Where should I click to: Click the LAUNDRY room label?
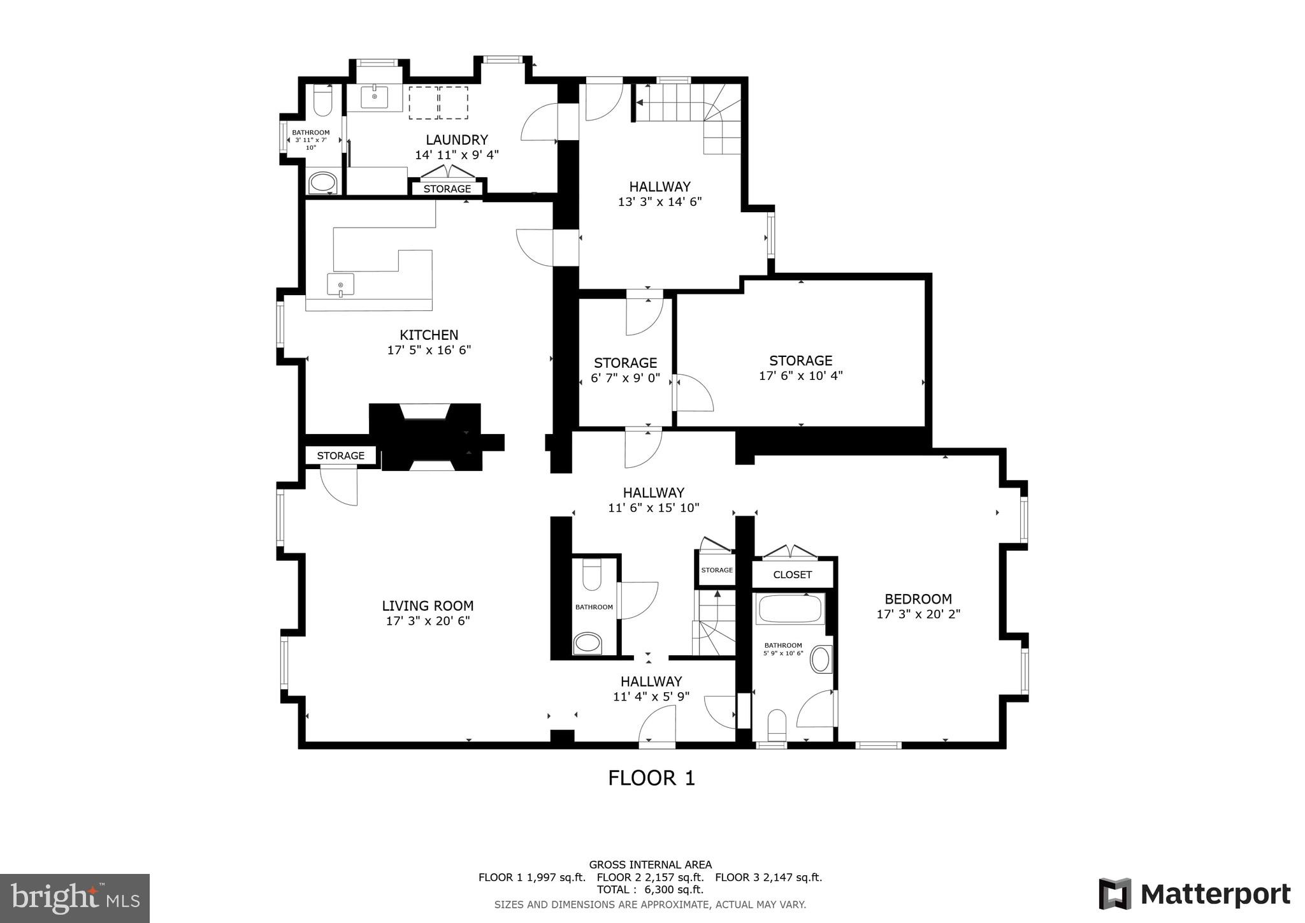[456, 140]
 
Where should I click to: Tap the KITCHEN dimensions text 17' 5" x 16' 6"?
[429, 350]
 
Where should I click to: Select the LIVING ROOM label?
[428, 606]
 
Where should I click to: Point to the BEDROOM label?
[918, 599]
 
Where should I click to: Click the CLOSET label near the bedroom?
[792, 574]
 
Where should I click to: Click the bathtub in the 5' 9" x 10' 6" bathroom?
[789, 609]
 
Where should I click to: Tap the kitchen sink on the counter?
[340, 284]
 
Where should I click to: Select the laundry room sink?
[374, 98]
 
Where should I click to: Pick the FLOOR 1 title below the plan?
[651, 778]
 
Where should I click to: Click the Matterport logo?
[1194, 894]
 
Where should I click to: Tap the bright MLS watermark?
[75, 899]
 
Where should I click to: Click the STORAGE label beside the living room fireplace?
[340, 455]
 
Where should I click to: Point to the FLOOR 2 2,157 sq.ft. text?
[650, 877]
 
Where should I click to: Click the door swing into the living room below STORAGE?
[338, 486]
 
